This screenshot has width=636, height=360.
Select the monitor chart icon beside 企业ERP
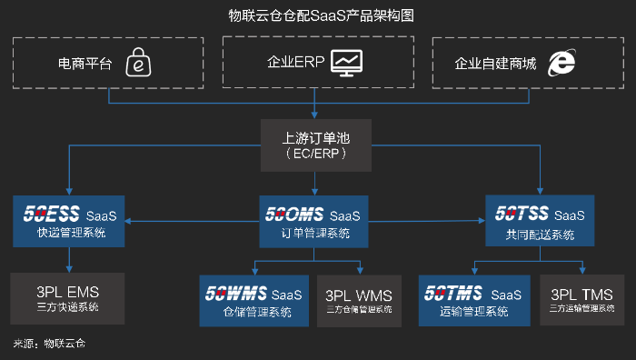(348, 62)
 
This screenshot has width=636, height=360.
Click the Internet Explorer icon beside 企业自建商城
(561, 63)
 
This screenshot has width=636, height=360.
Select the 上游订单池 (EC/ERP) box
(316, 145)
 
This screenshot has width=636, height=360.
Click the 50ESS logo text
(51, 215)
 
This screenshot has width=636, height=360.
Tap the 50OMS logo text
(294, 215)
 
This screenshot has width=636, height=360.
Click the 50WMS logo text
(235, 294)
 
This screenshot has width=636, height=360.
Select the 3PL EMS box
(68, 298)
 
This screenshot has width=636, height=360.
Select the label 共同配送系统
(541, 235)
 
